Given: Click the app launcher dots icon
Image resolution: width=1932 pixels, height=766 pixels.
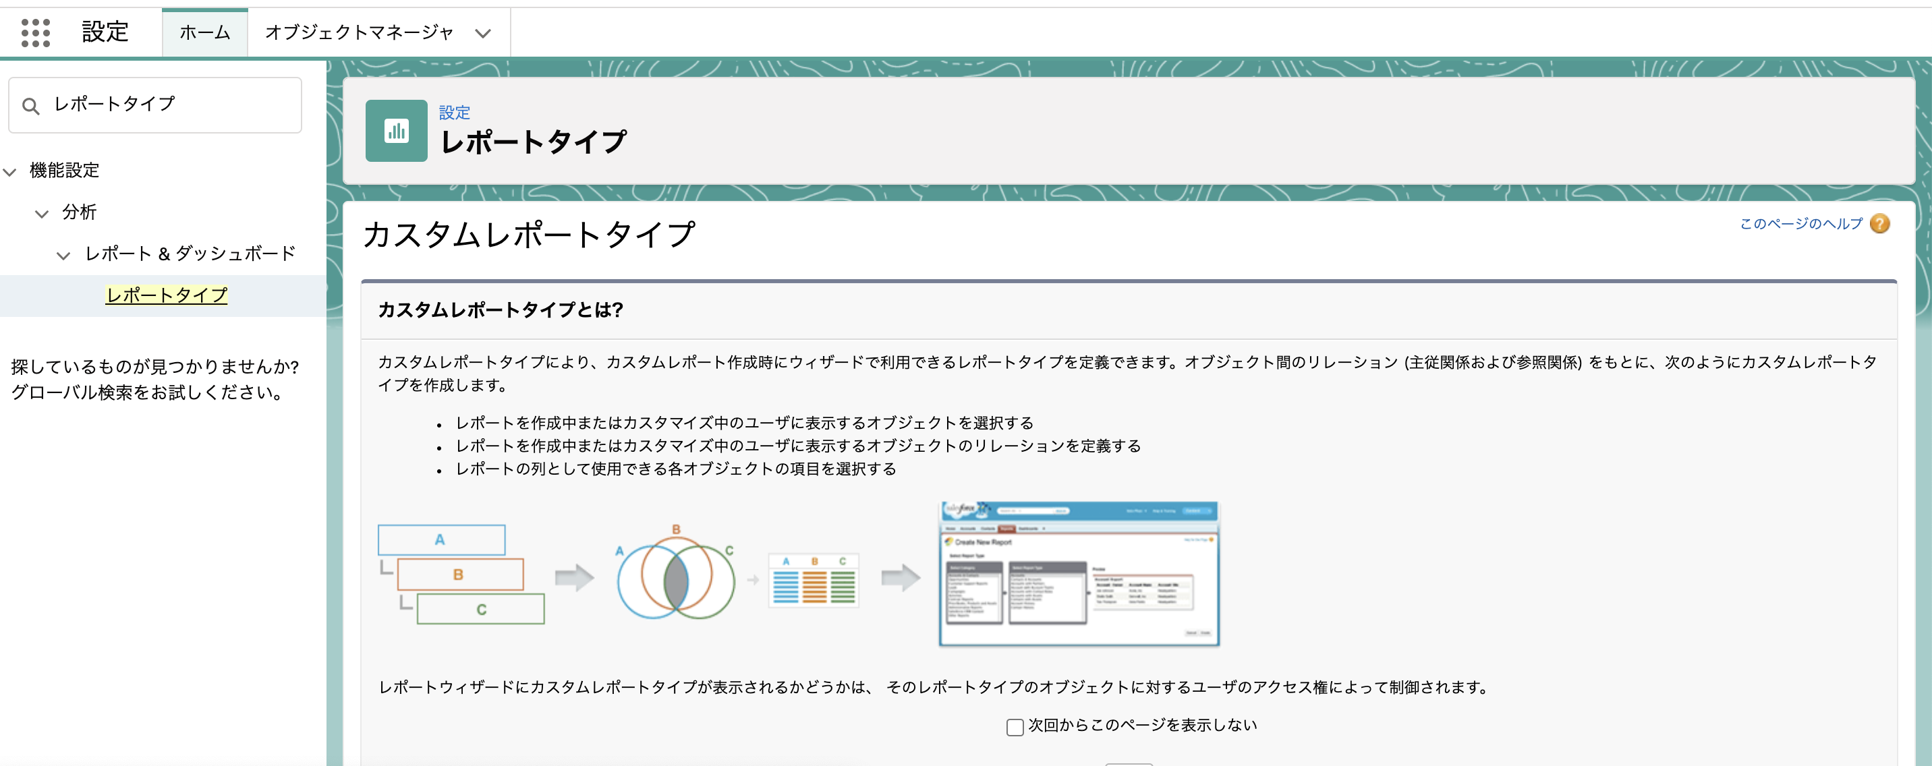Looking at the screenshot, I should click(x=35, y=33).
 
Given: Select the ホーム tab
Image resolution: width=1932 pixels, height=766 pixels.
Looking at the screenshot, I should click(x=205, y=33).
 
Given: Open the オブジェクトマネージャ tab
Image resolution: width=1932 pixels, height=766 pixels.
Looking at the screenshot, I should click(x=360, y=33).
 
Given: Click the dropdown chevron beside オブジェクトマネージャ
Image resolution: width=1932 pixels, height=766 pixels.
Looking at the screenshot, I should click(x=483, y=34).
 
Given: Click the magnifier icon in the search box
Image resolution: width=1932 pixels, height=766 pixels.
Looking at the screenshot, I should click(x=31, y=107).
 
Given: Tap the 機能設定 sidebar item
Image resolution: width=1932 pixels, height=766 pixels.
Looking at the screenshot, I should click(x=65, y=171).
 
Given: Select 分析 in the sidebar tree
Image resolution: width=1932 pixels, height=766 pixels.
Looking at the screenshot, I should click(x=80, y=212).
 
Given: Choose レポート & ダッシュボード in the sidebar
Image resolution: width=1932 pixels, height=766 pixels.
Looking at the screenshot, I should click(x=190, y=254).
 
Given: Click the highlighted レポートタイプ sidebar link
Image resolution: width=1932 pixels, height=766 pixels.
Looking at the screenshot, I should click(x=167, y=295).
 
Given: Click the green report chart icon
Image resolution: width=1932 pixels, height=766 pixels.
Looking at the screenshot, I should click(x=396, y=131).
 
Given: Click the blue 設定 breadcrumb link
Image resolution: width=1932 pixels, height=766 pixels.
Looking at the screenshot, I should click(x=455, y=113).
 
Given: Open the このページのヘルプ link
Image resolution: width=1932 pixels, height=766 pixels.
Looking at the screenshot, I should click(x=1800, y=223).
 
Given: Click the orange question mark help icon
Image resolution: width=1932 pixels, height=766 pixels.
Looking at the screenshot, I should click(x=1880, y=223).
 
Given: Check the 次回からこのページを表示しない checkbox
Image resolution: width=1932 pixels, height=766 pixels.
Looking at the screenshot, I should click(x=1015, y=727).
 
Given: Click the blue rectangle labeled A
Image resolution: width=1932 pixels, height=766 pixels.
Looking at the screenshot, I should click(x=441, y=539).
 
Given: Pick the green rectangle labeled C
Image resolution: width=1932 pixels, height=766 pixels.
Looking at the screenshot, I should click(x=481, y=610).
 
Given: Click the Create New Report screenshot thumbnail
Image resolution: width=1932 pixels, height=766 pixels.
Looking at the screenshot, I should click(x=1079, y=574).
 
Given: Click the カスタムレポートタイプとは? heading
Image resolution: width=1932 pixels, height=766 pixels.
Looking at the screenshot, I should click(x=501, y=310).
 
